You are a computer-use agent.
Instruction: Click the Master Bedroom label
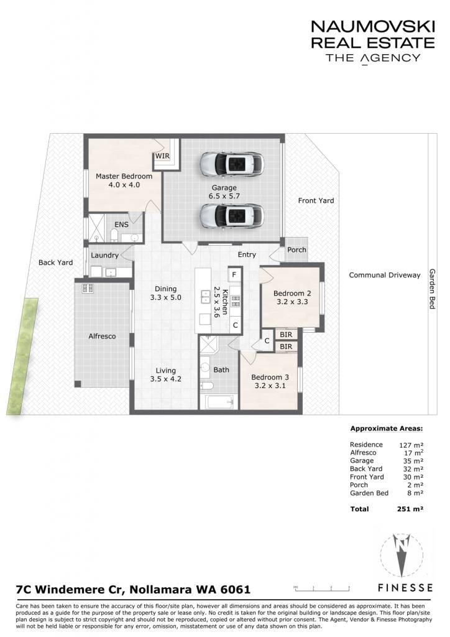pos(124,176)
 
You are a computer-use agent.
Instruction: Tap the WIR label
pos(162,156)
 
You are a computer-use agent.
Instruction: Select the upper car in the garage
pos(232,164)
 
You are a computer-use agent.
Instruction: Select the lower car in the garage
pos(232,215)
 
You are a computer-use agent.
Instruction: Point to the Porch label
pos(296,250)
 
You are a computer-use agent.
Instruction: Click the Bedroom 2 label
pos(292,294)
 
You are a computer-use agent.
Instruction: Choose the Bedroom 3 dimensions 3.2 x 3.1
pos(270,386)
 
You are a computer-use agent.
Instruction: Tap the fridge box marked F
pos(234,274)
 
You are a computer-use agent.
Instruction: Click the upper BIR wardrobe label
pos(286,335)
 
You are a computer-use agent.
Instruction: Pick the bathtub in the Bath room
pos(219,402)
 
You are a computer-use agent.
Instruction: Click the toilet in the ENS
pos(114,236)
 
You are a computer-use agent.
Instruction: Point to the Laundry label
pos(104,256)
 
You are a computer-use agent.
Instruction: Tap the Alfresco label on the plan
pos(103,337)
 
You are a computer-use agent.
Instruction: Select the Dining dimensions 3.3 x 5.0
pos(165,297)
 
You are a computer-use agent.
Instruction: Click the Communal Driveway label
pos(385,275)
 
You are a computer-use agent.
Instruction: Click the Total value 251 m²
pos(410,509)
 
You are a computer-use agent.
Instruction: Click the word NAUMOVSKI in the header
pos(373,27)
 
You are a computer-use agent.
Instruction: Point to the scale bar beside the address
pos(321,588)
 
